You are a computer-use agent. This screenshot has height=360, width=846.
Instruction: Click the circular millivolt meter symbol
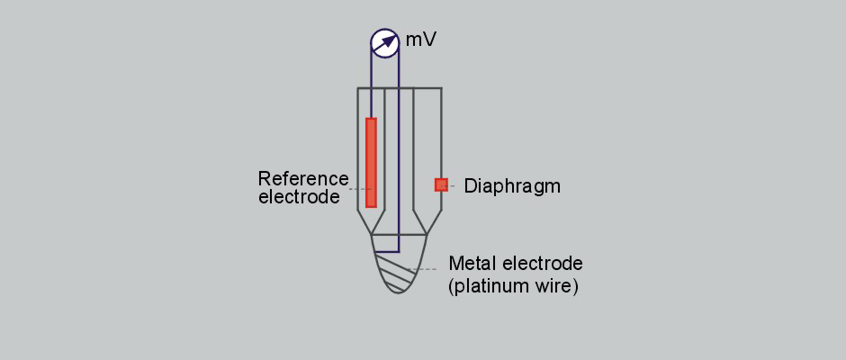385,41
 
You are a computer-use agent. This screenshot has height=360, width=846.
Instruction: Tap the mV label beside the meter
421,40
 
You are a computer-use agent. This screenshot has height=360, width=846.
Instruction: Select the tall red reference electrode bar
371,162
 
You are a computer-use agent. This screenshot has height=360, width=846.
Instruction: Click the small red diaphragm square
441,184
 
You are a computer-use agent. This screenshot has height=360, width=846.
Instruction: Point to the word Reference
302,177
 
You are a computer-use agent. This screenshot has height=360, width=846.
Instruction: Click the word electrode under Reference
299,197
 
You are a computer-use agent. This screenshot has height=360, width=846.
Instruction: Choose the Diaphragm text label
512,186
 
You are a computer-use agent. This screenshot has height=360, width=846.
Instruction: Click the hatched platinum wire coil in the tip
397,271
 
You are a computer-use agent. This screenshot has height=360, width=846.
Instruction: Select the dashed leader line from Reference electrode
357,189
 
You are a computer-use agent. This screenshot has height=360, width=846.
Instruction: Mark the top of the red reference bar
371,120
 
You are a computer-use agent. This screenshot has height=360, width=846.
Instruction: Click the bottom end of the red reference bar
371,204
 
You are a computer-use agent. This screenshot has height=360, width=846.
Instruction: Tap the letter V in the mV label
430,40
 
